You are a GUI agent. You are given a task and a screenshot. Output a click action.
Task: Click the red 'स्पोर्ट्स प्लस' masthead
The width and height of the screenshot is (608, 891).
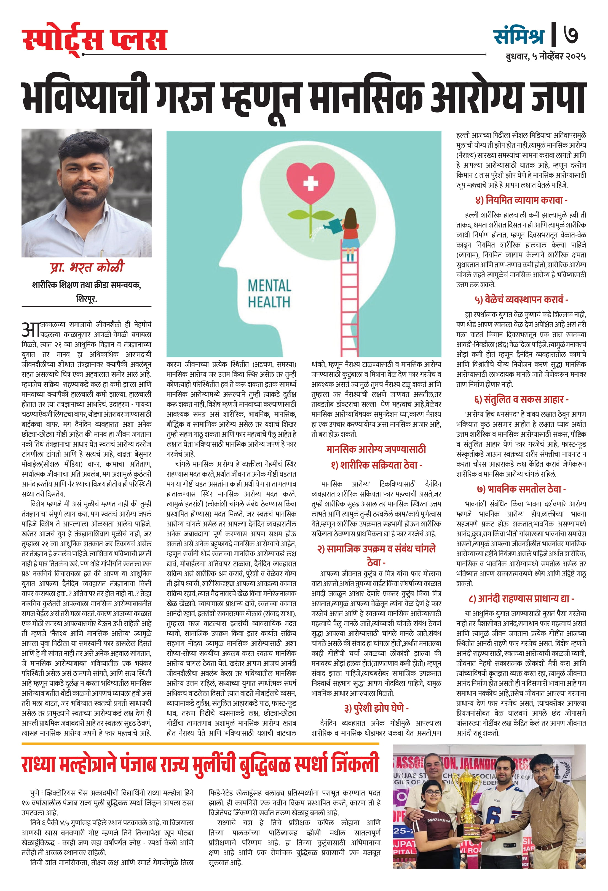click(95, 40)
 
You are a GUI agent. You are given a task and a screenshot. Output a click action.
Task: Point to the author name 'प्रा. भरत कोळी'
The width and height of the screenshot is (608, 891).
click(87, 267)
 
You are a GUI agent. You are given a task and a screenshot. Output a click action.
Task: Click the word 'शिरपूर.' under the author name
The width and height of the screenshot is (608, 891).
click(86, 298)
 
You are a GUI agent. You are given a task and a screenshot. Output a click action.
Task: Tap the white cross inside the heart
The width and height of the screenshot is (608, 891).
click(310, 183)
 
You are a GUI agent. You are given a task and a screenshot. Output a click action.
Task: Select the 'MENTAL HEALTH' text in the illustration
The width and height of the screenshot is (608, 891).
click(269, 294)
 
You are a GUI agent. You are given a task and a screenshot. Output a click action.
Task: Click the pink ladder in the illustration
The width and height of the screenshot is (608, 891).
click(349, 307)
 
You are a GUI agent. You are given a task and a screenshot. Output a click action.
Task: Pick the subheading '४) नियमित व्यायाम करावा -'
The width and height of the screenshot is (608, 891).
click(521, 200)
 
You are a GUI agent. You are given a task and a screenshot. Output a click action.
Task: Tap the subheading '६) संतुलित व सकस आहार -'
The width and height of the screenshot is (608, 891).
click(521, 400)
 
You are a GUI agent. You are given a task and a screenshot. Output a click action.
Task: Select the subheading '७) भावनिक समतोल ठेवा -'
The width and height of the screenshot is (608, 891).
click(521, 489)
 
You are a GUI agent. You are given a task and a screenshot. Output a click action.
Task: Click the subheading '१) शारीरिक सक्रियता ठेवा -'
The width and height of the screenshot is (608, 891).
click(376, 465)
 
